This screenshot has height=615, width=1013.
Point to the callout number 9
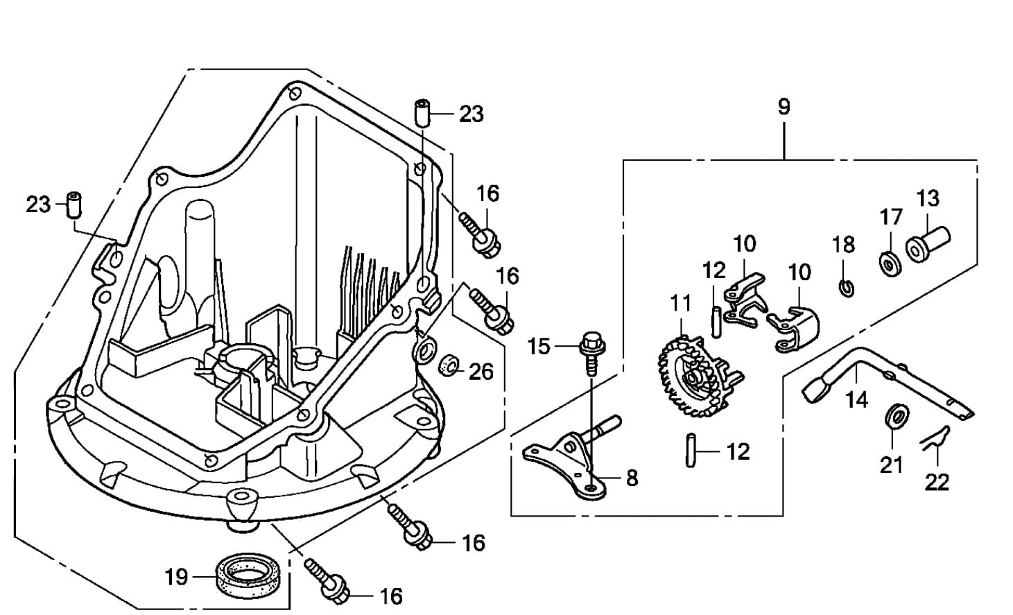pos(783,107)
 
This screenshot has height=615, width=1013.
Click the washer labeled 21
pos(899,416)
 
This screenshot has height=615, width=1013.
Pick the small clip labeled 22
pos(933,438)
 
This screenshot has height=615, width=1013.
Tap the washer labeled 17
pos(890,263)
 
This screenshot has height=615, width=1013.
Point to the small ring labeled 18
pos(846,287)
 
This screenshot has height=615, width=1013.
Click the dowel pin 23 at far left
pos(74,203)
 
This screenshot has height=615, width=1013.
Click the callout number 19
pos(176,576)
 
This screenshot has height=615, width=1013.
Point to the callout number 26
pos(481,372)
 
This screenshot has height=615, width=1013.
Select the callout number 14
pos(857,399)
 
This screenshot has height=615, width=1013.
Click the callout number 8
pos(632,478)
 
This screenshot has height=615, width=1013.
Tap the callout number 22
pos(937,481)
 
